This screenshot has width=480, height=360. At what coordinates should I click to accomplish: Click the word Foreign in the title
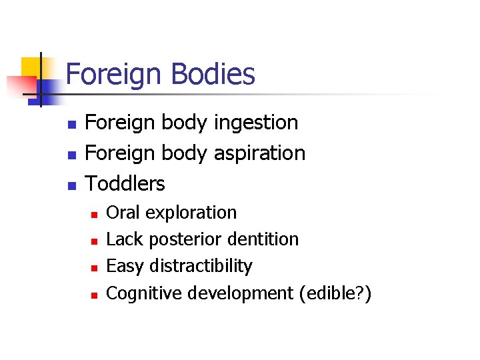pyautogui.click(x=113, y=75)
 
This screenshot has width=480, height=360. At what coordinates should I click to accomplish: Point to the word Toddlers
pyautogui.click(x=125, y=183)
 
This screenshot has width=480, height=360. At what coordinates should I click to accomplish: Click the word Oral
pyautogui.click(x=123, y=213)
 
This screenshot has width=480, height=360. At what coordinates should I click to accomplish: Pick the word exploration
pyautogui.click(x=191, y=213)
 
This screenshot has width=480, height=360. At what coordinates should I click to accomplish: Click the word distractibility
pyautogui.click(x=201, y=266)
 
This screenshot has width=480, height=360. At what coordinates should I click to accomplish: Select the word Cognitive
pyautogui.click(x=144, y=293)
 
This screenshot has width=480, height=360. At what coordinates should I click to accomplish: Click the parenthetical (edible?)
pyautogui.click(x=335, y=293)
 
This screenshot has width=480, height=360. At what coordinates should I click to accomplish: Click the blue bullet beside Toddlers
pyautogui.click(x=73, y=184)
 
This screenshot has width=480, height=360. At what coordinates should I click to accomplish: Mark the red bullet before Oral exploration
pyautogui.click(x=95, y=214)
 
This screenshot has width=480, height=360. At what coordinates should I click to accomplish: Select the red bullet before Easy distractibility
pyautogui.click(x=95, y=267)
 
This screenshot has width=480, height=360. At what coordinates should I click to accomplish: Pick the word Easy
pyautogui.click(x=125, y=266)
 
